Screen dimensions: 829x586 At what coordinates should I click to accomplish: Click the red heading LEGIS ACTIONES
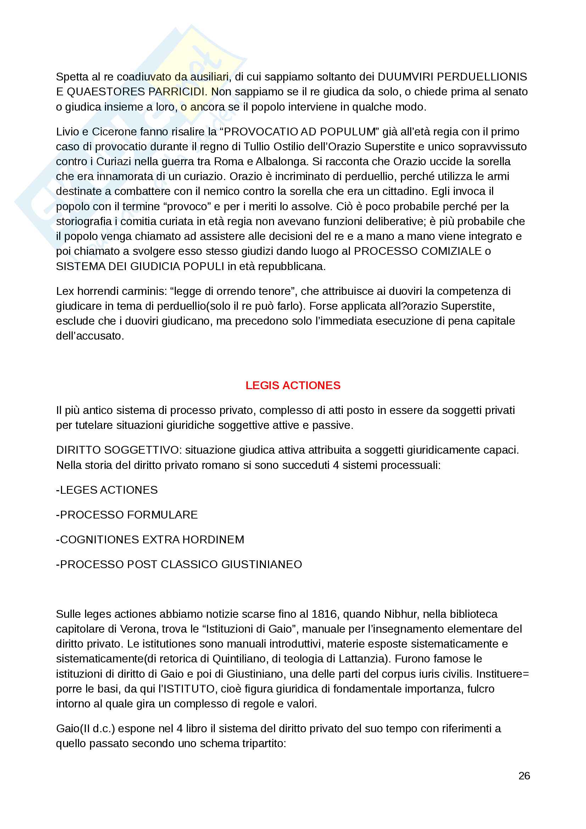click(292, 385)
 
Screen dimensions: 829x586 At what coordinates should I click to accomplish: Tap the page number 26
click(524, 775)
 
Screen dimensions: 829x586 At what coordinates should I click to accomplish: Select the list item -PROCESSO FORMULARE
click(127, 515)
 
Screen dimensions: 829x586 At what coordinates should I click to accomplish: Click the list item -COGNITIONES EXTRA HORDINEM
click(150, 539)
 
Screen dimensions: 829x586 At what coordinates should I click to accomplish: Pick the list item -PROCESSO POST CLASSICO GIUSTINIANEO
click(179, 564)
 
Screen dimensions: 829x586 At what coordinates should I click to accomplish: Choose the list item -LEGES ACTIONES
click(107, 490)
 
